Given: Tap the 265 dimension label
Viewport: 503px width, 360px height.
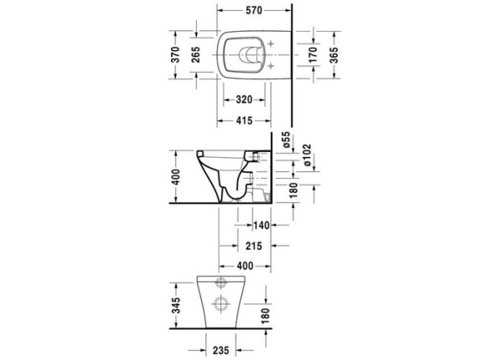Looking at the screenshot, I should click(x=194, y=56).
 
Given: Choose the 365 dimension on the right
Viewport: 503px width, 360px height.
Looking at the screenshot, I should click(x=334, y=56).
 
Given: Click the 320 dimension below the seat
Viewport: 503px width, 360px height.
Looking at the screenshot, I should click(x=244, y=100).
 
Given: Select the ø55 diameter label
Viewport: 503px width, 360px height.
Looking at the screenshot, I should click(x=285, y=141).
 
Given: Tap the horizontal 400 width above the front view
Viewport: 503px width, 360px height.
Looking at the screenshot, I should click(x=244, y=266).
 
